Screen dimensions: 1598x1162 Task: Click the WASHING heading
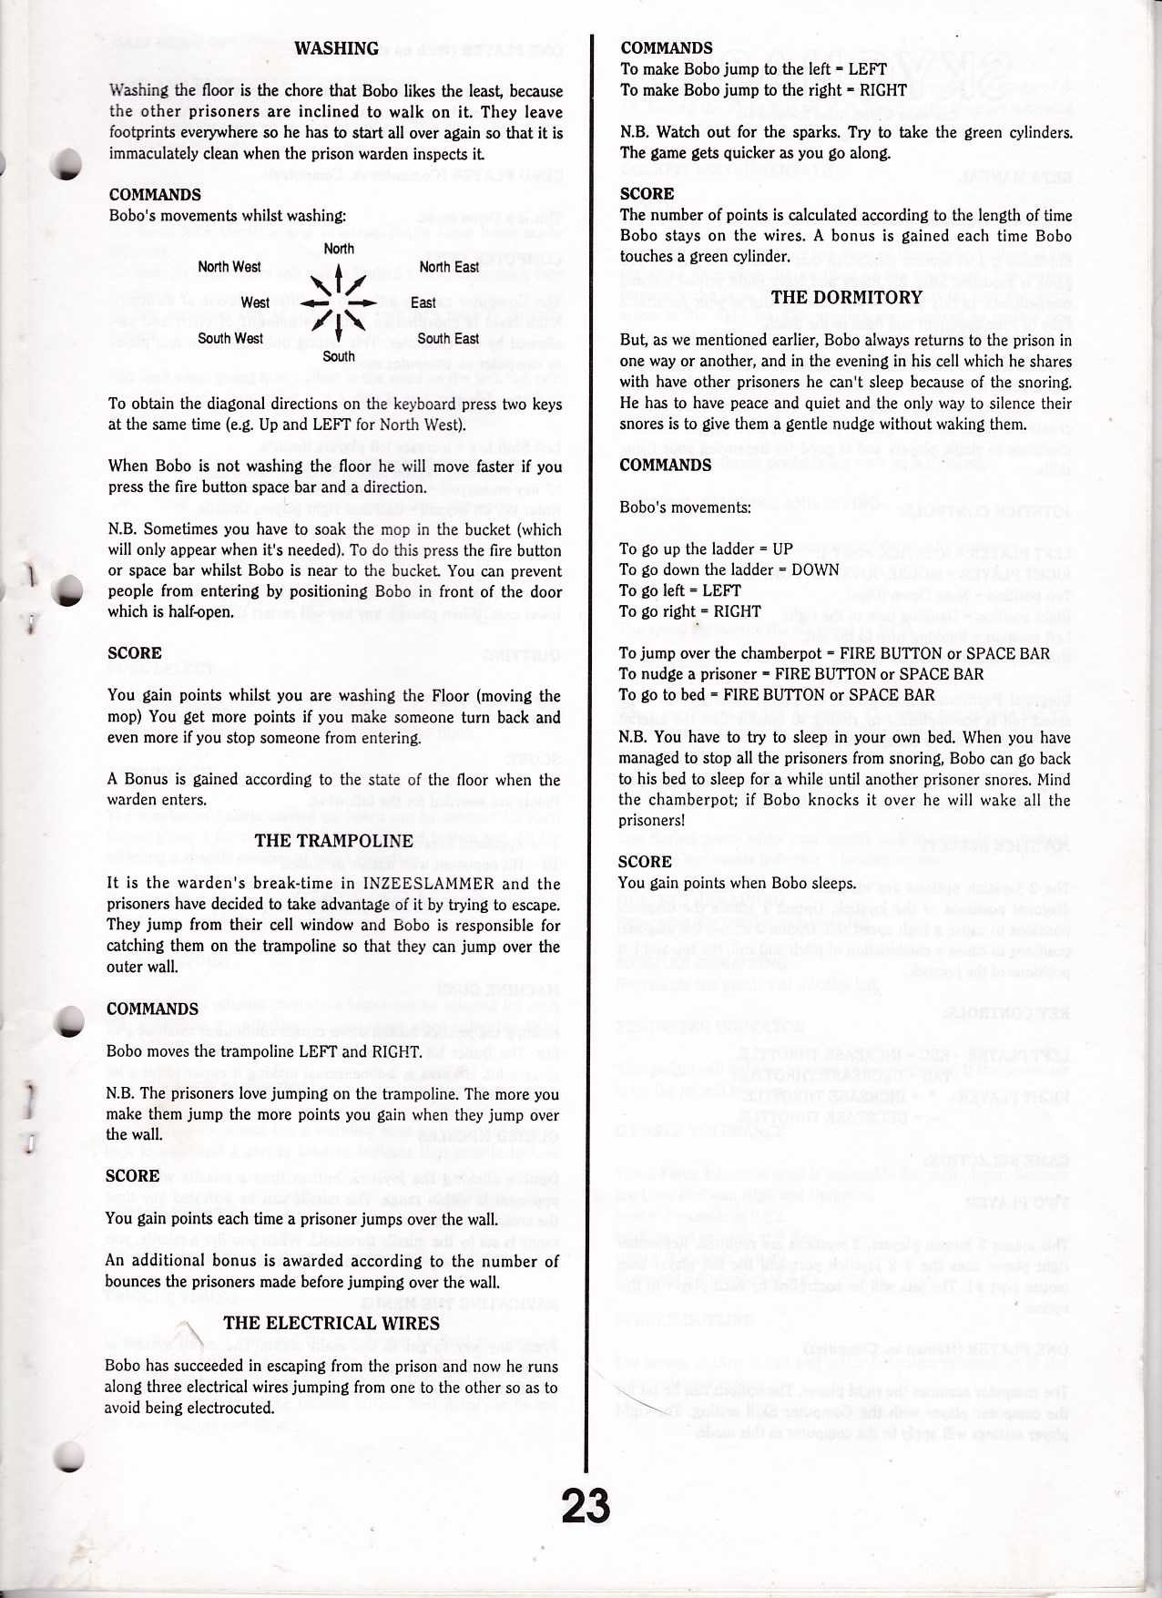[x=337, y=49]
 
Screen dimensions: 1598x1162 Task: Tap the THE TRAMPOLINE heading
[x=333, y=840]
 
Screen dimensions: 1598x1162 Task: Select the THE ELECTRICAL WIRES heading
[x=331, y=1323]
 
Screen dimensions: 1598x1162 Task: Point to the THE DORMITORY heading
[x=847, y=297]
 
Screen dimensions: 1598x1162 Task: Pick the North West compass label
[x=229, y=267]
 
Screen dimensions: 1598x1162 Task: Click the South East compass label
[x=448, y=339]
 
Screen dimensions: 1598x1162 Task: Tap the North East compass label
[x=449, y=267]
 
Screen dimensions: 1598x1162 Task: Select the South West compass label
[x=230, y=339]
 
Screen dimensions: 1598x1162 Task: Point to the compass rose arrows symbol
[x=338, y=303]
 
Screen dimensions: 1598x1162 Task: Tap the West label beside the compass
[x=255, y=302]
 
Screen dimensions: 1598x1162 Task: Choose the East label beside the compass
[x=423, y=302]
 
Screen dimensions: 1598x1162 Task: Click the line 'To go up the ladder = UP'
[x=706, y=548]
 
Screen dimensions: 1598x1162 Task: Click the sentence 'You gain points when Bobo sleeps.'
[x=737, y=883]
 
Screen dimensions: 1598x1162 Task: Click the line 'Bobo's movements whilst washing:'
[x=227, y=216]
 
